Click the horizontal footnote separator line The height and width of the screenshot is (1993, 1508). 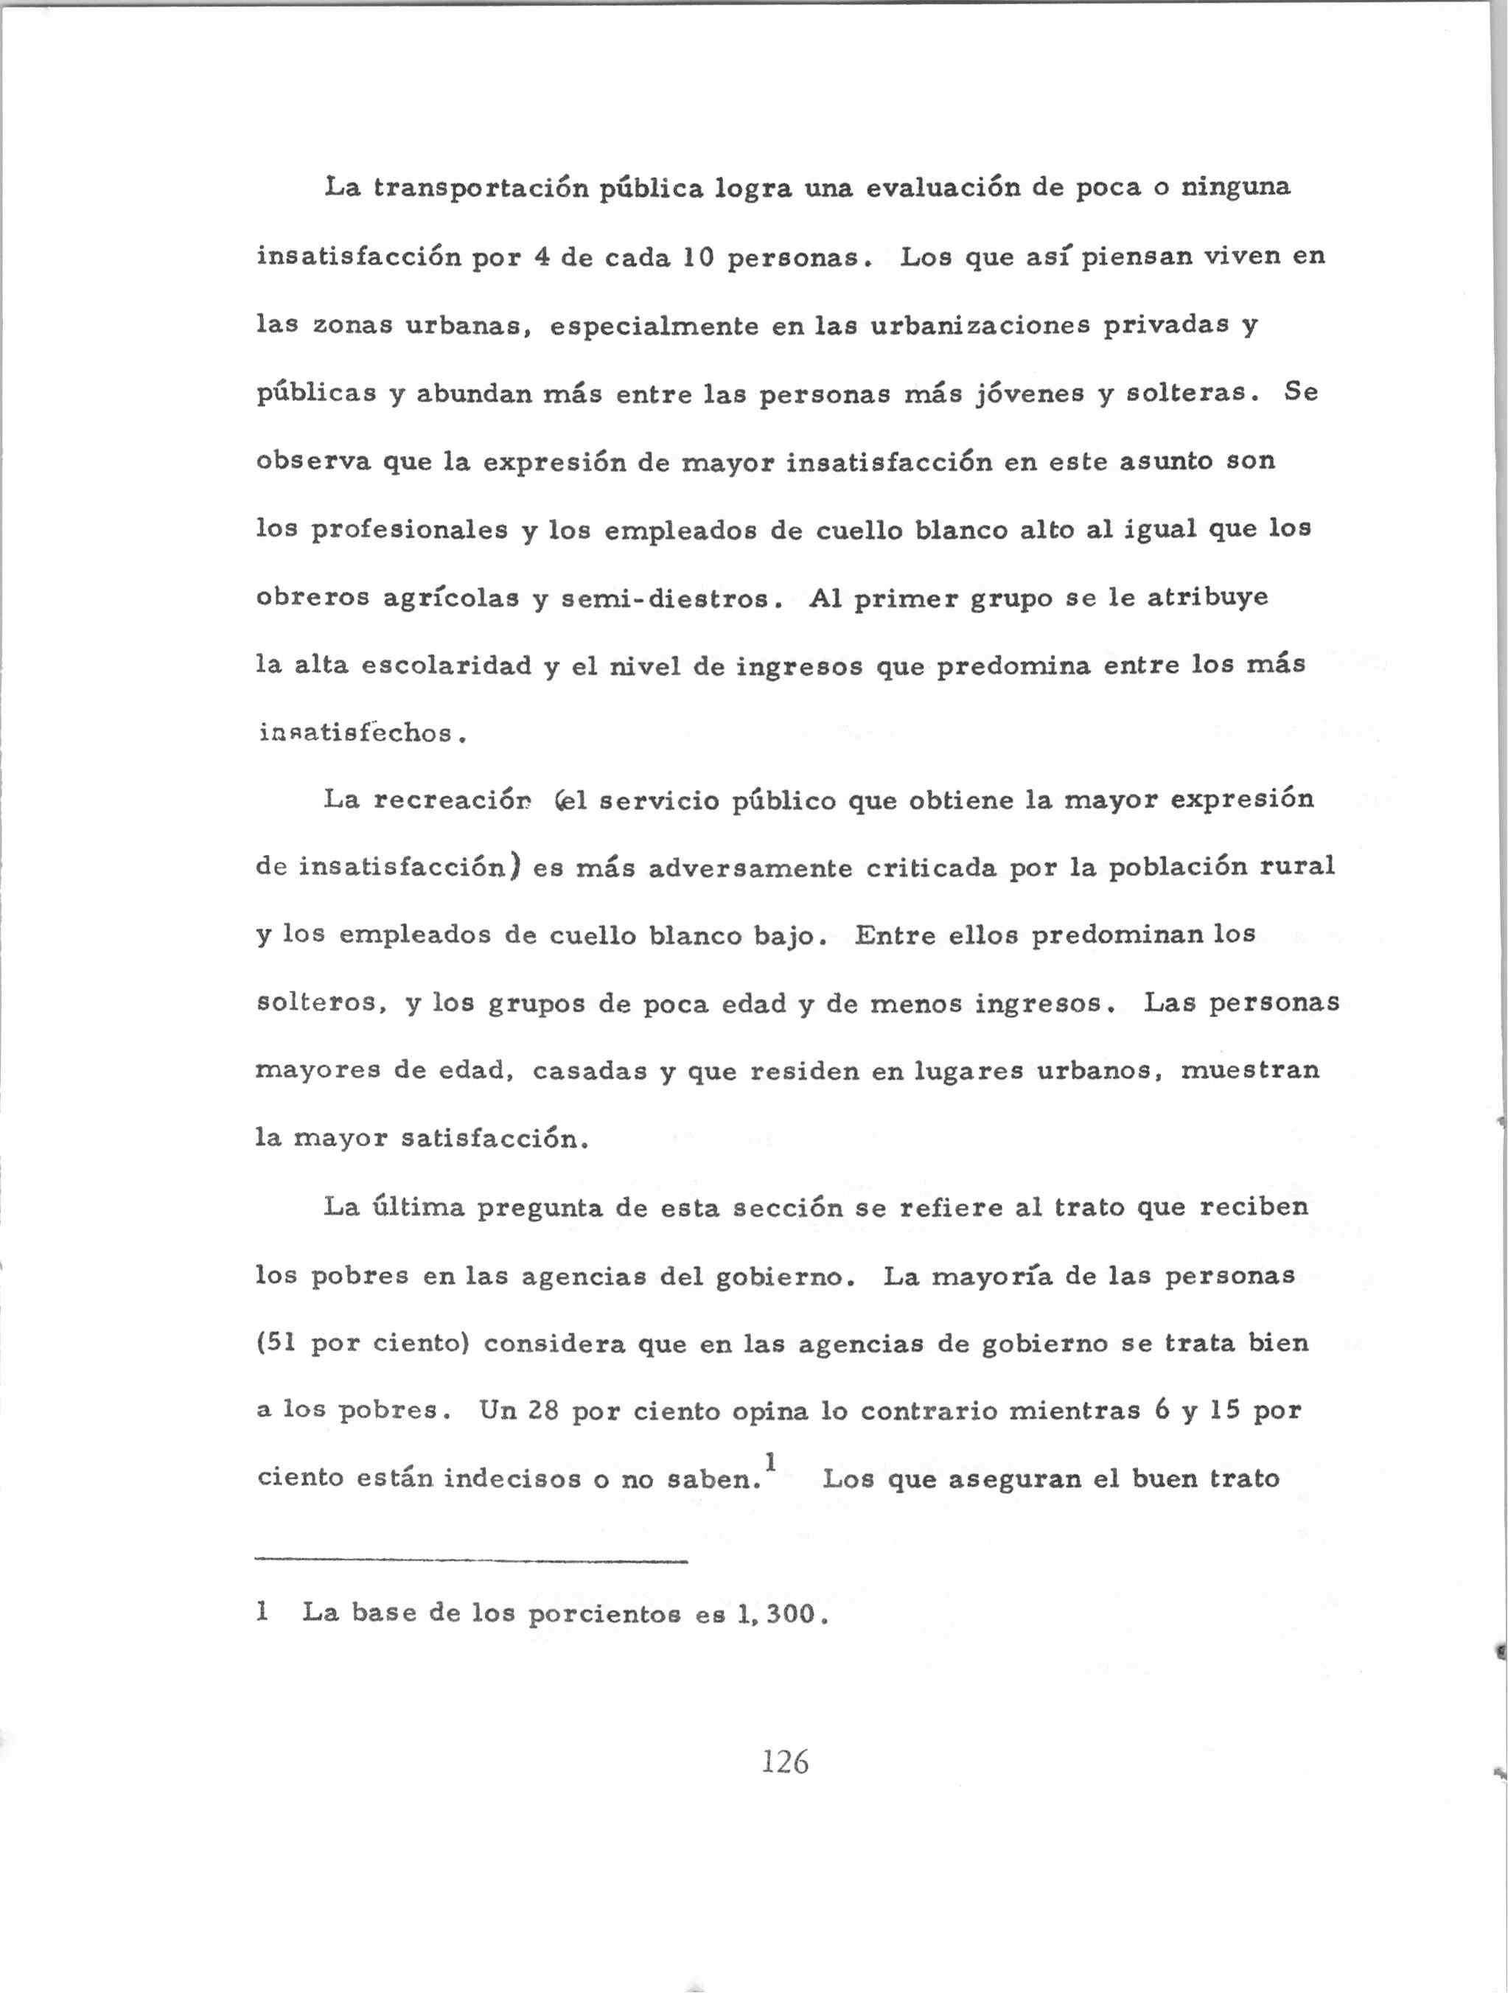471,1561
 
